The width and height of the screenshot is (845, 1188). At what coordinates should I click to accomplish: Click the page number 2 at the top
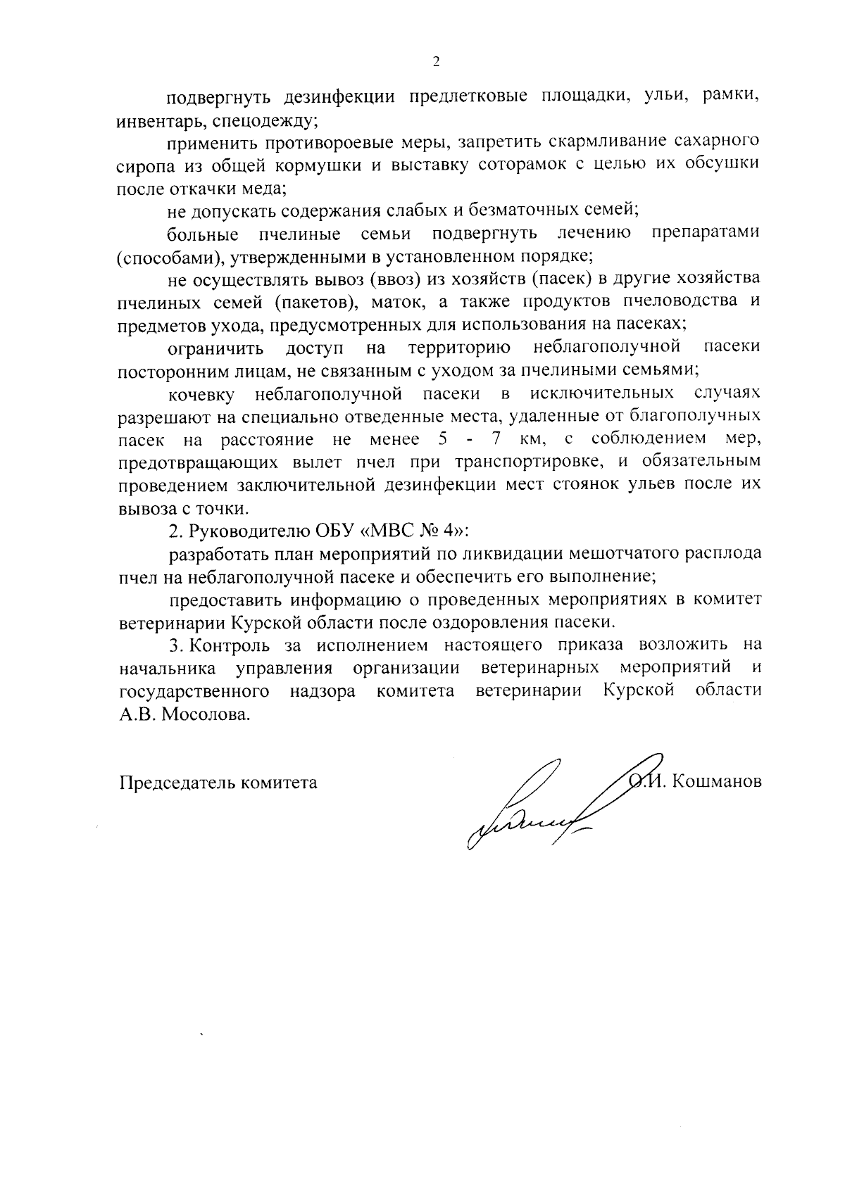coord(436,63)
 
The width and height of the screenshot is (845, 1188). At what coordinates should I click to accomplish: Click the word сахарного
coord(715,143)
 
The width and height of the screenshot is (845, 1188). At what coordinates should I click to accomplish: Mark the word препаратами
coord(706,233)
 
